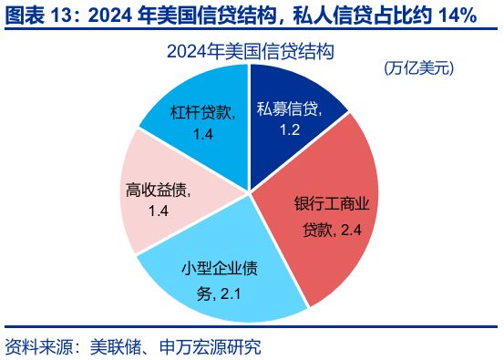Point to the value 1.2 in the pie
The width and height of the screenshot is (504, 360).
click(290, 129)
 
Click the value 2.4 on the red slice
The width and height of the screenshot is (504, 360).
click(351, 231)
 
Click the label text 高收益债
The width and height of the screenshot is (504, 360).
click(157, 190)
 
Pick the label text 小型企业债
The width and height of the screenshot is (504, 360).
click(219, 270)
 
